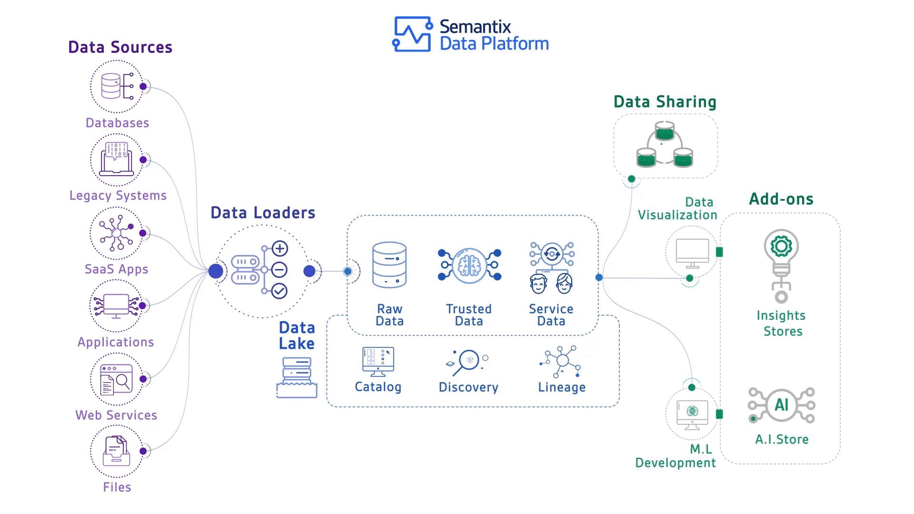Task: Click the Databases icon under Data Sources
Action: point(117,86)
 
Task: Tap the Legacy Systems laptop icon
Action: point(117,159)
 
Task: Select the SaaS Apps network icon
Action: point(117,233)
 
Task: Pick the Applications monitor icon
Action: point(117,306)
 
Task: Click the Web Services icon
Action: point(117,379)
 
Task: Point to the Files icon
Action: point(117,451)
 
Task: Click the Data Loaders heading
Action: point(263,213)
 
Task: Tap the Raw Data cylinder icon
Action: point(389,265)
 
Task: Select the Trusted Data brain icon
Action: point(469,265)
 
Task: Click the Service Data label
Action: point(551,315)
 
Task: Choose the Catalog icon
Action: point(378,362)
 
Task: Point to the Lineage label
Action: point(562,387)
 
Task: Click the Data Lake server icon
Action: point(297,377)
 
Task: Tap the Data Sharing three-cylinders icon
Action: point(665,145)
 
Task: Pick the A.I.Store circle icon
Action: point(782,405)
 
